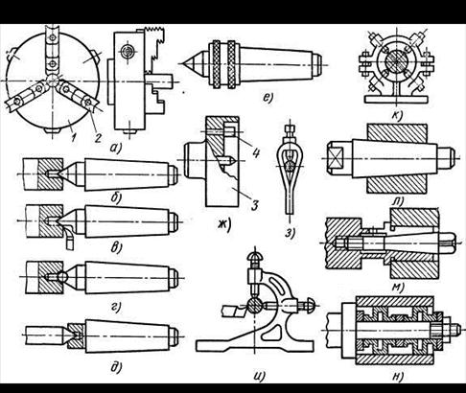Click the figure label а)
pyautogui.click(x=116, y=148)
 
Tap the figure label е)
pyautogui.click(x=268, y=97)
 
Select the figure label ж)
pyautogui.click(x=224, y=225)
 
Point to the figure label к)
pyautogui.click(x=396, y=115)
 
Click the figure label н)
pyautogui.click(x=397, y=377)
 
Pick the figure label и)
pyautogui.click(x=259, y=376)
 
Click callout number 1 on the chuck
pyautogui.click(x=74, y=137)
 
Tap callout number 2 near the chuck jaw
pyautogui.click(x=97, y=137)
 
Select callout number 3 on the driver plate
pyautogui.click(x=254, y=205)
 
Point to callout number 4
pyautogui.click(x=255, y=152)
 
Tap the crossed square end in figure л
pyautogui.click(x=335, y=158)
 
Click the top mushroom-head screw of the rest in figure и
pyautogui.click(x=254, y=256)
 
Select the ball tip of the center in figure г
pyautogui.click(x=62, y=276)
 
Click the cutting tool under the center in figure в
pyautogui.click(x=70, y=237)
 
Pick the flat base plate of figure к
pyautogui.click(x=396, y=99)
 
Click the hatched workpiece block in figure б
pyautogui.click(x=51, y=173)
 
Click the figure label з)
pyautogui.click(x=290, y=233)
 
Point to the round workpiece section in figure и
pyautogui.click(x=254, y=307)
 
